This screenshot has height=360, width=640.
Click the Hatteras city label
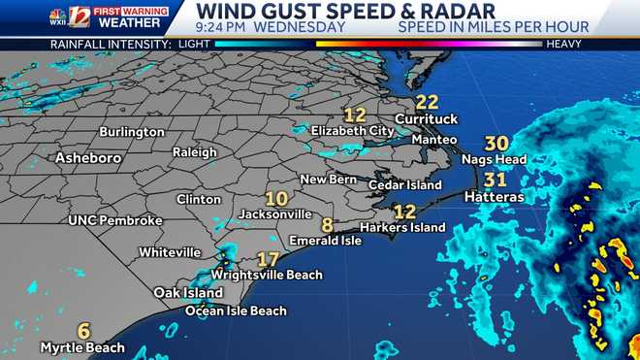tap(494, 197)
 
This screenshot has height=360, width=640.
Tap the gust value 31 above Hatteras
tap(496, 180)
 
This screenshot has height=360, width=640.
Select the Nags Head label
tap(495, 159)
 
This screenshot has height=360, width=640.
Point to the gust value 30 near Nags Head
tap(496, 143)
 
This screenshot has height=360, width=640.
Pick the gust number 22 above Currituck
tap(427, 102)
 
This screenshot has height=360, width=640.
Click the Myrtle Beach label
tap(82, 347)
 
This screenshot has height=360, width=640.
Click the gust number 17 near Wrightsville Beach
tap(268, 259)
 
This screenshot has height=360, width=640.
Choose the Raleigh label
tap(194, 152)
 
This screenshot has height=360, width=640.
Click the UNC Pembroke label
tap(114, 221)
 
